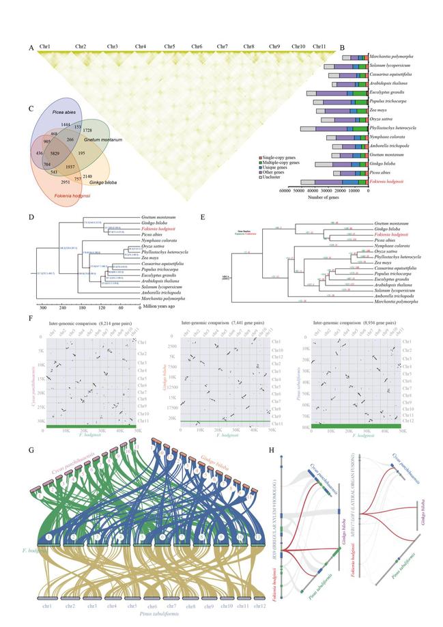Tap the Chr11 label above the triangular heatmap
click(x=319, y=46)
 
